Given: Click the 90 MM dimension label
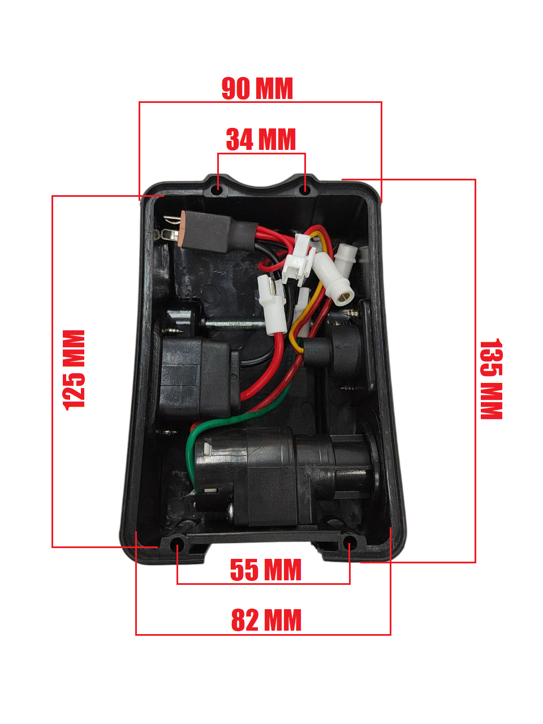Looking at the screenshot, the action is click(x=257, y=88).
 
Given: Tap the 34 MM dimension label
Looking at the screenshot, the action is click(x=261, y=140).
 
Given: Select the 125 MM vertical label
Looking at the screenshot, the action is click(x=74, y=370).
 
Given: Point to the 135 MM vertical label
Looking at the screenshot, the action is click(x=490, y=379).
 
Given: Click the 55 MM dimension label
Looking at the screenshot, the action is click(x=265, y=570).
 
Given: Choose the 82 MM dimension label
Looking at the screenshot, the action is click(x=266, y=620).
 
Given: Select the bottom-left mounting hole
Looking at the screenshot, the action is click(x=178, y=545).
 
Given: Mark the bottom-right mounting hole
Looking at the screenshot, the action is click(x=350, y=544).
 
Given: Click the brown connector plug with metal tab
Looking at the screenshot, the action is click(x=195, y=229).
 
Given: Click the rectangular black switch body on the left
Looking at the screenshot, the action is click(x=195, y=376).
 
